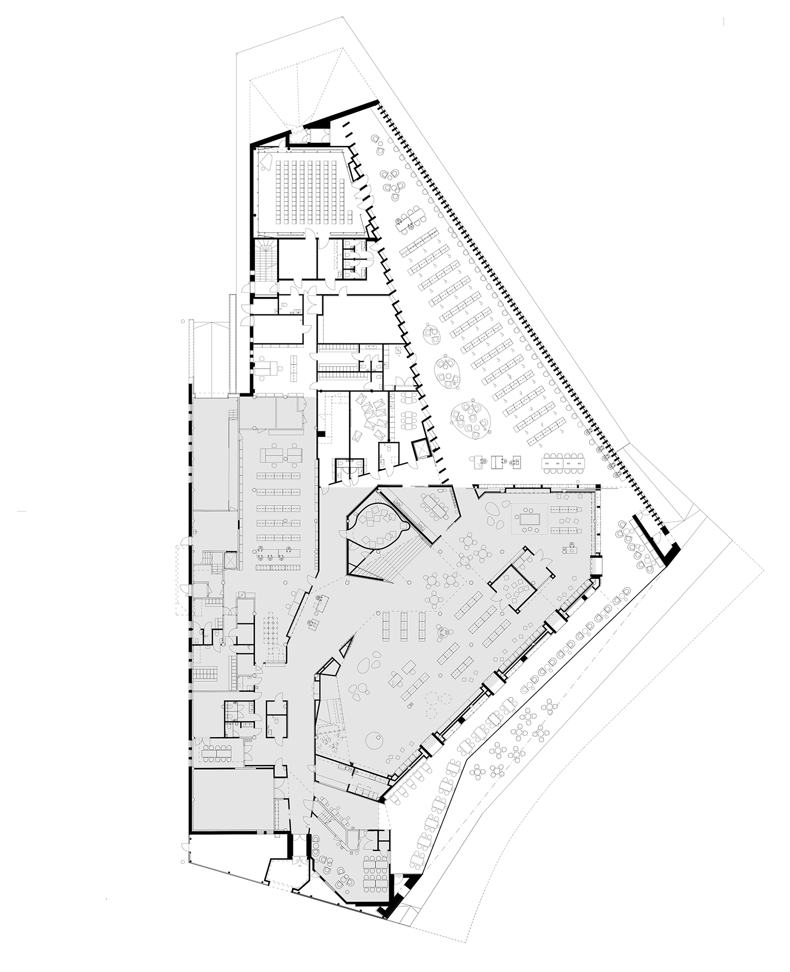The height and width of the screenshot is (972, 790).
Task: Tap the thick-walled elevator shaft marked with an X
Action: [x=422, y=448]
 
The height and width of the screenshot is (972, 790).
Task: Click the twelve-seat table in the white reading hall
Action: [x=564, y=461]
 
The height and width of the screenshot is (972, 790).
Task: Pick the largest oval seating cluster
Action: [x=471, y=420]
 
